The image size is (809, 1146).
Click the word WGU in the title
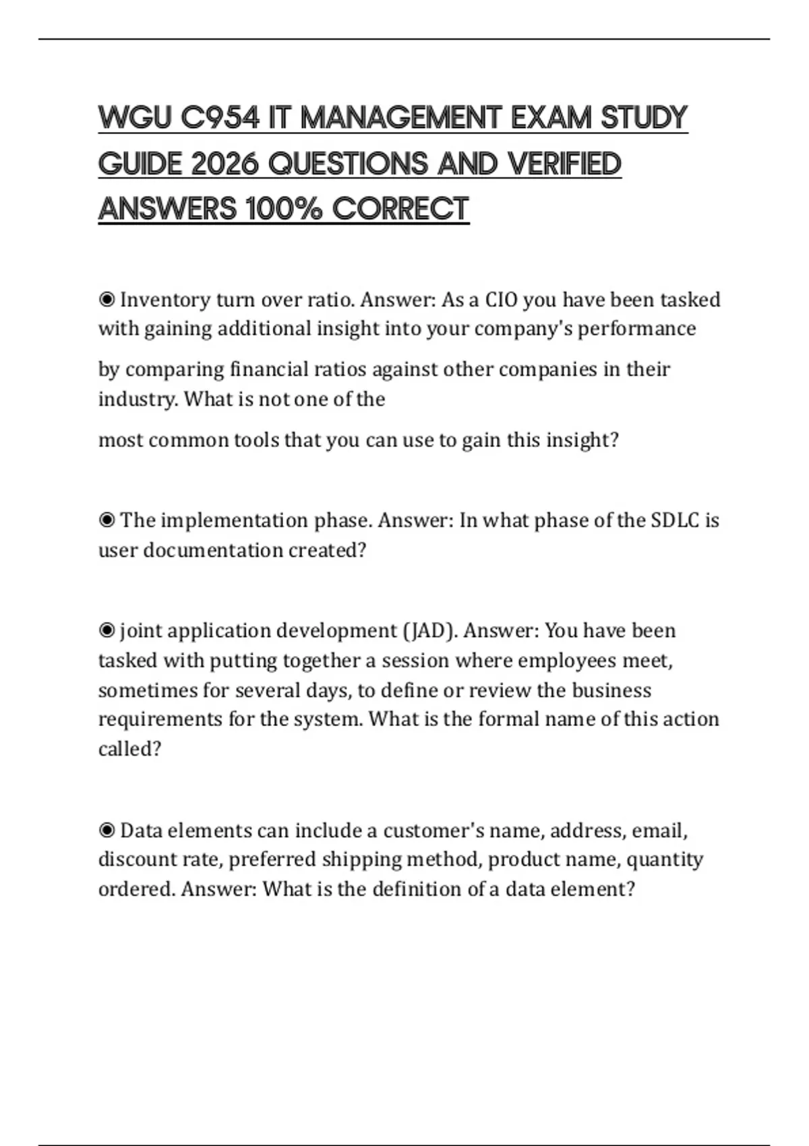coord(135,118)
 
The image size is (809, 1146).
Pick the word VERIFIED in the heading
coord(564,164)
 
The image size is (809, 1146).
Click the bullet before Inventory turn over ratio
coord(107,299)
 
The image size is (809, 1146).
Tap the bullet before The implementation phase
coord(107,520)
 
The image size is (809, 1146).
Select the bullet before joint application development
coord(107,631)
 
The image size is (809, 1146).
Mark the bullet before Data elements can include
coord(107,831)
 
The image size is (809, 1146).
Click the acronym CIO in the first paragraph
coord(501,299)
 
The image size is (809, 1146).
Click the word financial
coord(269,369)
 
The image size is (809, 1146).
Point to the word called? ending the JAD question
coord(129,749)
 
